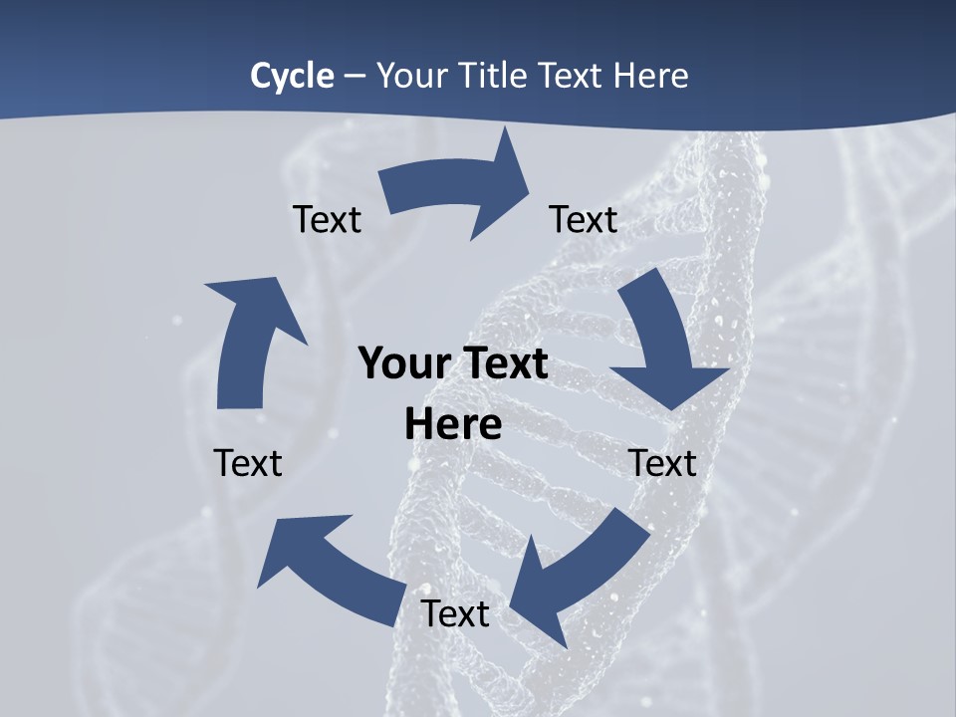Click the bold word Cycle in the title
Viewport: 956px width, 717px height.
292,76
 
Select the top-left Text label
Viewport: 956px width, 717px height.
327,219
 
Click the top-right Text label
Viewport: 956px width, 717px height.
584,219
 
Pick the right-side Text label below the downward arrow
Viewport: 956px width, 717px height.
662,463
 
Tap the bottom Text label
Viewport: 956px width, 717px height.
455,613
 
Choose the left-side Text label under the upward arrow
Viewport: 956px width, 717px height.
248,463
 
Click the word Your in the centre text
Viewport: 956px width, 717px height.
397,363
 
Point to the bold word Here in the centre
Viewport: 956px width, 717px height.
453,424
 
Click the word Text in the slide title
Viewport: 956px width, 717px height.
575,76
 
